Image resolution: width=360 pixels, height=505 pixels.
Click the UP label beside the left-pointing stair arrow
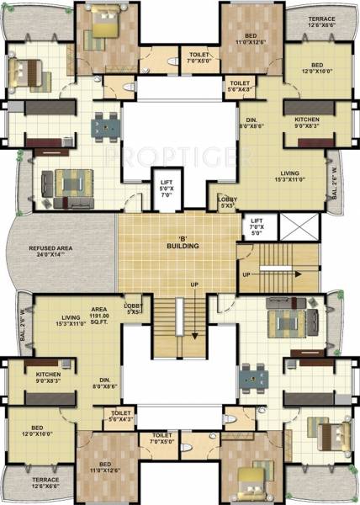[x=245, y=275]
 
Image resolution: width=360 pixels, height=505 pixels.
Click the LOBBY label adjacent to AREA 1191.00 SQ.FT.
[x=132, y=308]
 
